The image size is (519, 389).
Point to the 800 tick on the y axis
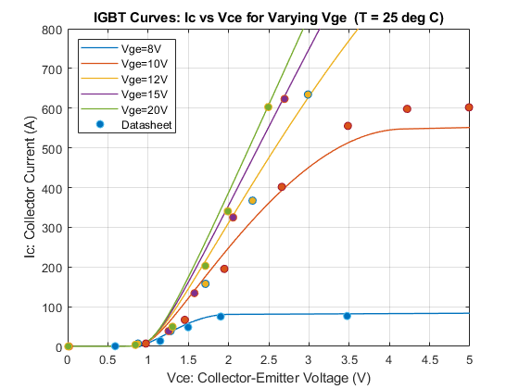pyautogui.click(x=52, y=30)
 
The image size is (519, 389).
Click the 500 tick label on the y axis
pyautogui.click(x=52, y=148)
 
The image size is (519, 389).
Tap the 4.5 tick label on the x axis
pyautogui.click(x=430, y=360)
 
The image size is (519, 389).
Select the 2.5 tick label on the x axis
pyautogui.click(x=269, y=360)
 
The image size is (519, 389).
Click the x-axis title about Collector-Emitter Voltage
pyautogui.click(x=269, y=378)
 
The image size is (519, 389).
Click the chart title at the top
pyautogui.click(x=269, y=18)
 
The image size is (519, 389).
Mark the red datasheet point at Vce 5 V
pyautogui.click(x=469, y=107)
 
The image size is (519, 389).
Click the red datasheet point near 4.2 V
pyautogui.click(x=407, y=109)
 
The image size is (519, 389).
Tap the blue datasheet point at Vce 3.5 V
pyautogui.click(x=347, y=316)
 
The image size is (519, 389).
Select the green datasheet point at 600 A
pyautogui.click(x=268, y=107)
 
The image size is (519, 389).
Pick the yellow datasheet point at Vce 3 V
pyautogui.click(x=308, y=94)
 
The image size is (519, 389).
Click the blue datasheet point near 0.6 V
pyautogui.click(x=115, y=346)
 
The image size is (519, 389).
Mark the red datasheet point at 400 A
pyautogui.click(x=282, y=187)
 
